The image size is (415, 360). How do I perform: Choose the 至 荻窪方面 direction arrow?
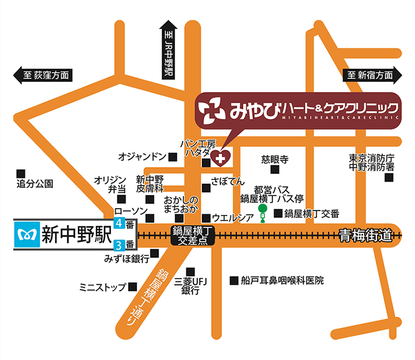[x=44, y=76]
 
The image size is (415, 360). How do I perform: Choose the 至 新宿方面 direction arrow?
[x=370, y=76]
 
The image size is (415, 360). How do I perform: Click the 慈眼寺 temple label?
[x=275, y=161]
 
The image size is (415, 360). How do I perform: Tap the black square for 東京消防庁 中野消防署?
[x=389, y=178]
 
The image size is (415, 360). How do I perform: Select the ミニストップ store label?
[x=103, y=287]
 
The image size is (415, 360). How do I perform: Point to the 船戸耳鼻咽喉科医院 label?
[x=282, y=280]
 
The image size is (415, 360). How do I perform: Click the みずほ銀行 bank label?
[x=126, y=258]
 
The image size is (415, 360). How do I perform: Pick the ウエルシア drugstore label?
[x=232, y=217]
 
